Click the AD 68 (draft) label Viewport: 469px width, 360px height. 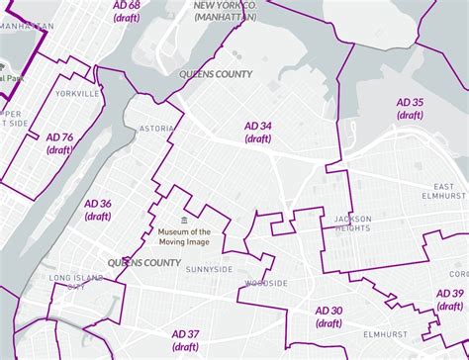click(x=126, y=12)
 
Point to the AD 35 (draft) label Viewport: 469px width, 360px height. click(x=410, y=109)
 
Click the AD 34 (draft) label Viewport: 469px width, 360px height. click(x=258, y=133)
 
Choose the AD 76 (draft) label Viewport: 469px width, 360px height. click(x=59, y=143)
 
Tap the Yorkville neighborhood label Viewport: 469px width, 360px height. click(x=79, y=93)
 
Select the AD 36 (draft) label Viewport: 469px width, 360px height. click(x=98, y=210)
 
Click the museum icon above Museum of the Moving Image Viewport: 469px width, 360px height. click(x=182, y=220)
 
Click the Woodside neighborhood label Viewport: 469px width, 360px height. click(x=263, y=283)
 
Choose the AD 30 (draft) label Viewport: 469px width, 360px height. click(x=328, y=316)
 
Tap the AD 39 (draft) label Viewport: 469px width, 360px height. click(x=450, y=300)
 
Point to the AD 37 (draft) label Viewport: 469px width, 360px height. click(x=185, y=339)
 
